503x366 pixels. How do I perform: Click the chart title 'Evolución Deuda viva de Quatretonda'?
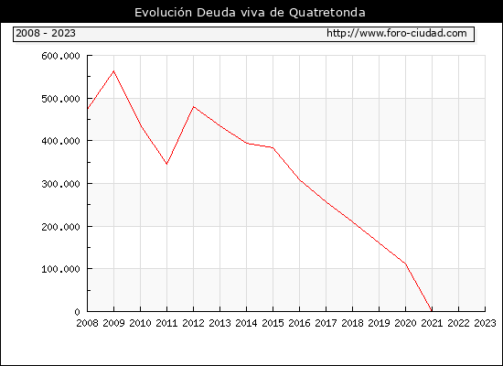(250, 13)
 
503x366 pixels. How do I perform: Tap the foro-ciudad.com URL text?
(397, 33)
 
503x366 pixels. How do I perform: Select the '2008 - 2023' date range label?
(46, 33)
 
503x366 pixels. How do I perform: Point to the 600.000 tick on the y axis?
(60, 56)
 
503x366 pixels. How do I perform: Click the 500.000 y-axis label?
(60, 99)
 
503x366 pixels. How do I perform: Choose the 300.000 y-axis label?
(60, 184)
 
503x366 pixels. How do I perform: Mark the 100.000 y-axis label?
(60, 269)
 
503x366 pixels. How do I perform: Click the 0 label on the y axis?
(78, 311)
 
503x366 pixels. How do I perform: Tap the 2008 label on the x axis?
(87, 323)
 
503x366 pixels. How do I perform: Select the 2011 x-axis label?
(166, 323)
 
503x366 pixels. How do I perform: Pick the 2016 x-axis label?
(299, 323)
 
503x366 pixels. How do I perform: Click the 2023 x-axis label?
(485, 323)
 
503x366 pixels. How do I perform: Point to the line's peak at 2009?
(114, 71)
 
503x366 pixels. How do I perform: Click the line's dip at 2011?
(166, 164)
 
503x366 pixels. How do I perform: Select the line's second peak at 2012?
(194, 106)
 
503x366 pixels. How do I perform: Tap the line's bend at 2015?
(273, 147)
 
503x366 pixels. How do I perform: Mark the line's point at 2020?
(405, 264)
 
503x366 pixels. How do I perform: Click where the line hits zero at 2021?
(432, 311)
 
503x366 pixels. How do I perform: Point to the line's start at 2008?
(88, 109)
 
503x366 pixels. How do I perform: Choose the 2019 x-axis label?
(379, 323)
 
